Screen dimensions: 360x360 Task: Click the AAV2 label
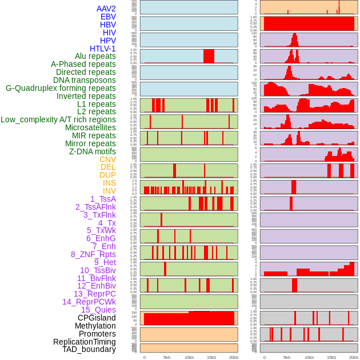106,9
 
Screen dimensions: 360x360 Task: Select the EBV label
108,17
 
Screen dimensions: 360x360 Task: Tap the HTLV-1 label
103,49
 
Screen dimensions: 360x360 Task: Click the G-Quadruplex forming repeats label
61,88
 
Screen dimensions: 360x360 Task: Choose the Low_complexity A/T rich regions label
58,119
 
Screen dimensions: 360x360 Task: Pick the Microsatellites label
90,127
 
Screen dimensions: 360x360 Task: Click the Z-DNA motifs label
93,151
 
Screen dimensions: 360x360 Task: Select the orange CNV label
107,159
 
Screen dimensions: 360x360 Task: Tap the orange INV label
109,191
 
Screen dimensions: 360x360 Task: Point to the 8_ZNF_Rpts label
93,254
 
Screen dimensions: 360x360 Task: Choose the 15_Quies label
98,310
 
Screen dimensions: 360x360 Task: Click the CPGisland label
97,318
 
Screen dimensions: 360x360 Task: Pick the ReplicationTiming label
85,342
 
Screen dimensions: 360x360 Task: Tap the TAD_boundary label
89,349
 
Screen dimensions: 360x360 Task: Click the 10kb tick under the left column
189,357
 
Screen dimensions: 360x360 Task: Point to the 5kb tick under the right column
286,357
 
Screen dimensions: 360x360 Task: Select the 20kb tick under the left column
233,357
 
